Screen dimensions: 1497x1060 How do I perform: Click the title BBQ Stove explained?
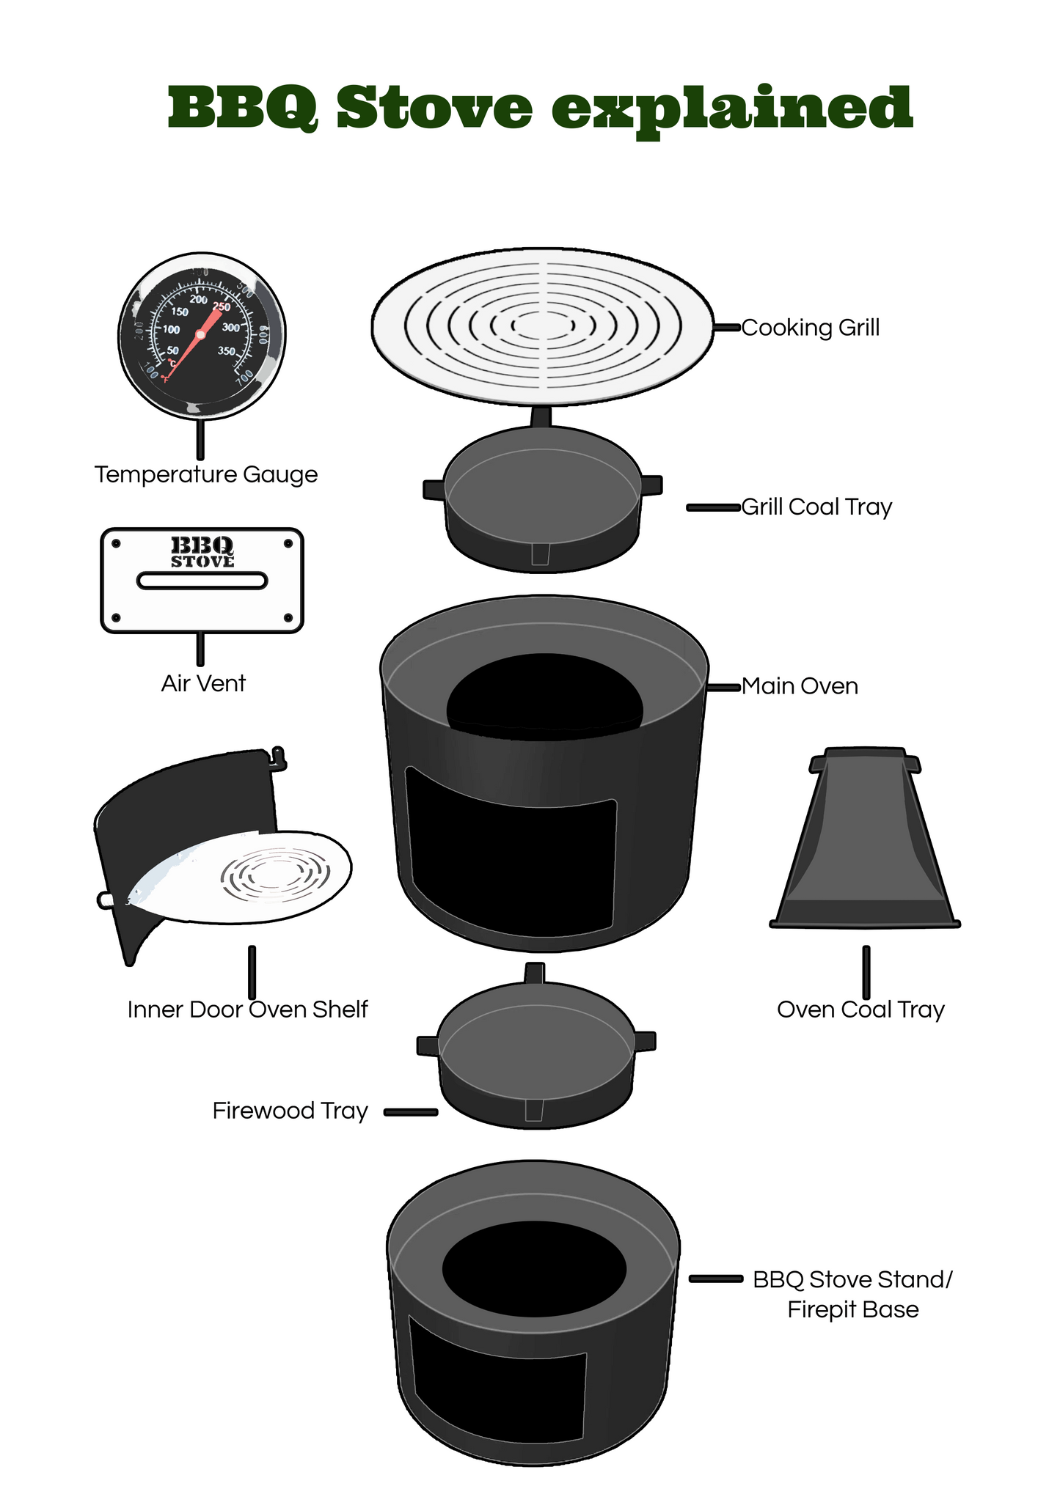click(x=539, y=108)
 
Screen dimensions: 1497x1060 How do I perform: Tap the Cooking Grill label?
click(x=810, y=328)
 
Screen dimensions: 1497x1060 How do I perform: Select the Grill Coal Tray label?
click(x=816, y=507)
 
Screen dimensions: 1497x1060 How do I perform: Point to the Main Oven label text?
click(x=800, y=686)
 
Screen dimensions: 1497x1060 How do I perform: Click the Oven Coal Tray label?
click(x=860, y=1009)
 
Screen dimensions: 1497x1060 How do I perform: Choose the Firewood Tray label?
click(x=290, y=1111)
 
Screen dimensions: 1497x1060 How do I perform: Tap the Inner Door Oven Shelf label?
click(x=247, y=1009)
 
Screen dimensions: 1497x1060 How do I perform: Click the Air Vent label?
click(x=203, y=683)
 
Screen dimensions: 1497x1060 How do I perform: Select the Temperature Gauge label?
click(x=206, y=474)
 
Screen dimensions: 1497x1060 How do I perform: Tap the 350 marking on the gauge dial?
click(x=226, y=351)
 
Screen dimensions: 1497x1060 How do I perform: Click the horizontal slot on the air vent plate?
click(x=202, y=581)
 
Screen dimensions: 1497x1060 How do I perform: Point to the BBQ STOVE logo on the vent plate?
click(x=202, y=552)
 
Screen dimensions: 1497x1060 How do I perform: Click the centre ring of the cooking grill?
click(x=543, y=325)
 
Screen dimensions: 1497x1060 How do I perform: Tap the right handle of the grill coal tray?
click(x=651, y=485)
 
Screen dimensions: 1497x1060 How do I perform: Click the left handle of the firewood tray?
click(x=428, y=1045)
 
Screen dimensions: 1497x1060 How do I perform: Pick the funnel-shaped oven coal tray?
click(x=866, y=843)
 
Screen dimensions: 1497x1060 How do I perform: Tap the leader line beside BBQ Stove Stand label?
click(x=716, y=1279)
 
